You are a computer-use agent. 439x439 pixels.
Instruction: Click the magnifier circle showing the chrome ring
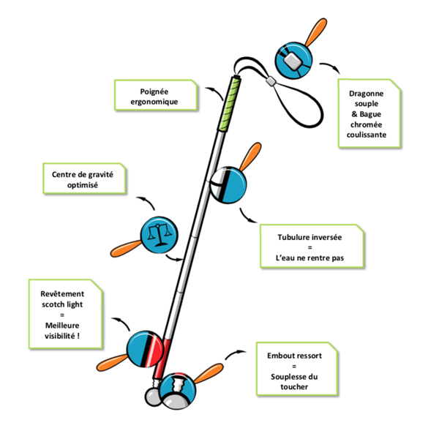click(294, 61)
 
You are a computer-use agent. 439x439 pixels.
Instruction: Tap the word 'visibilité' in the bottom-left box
click(62, 337)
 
